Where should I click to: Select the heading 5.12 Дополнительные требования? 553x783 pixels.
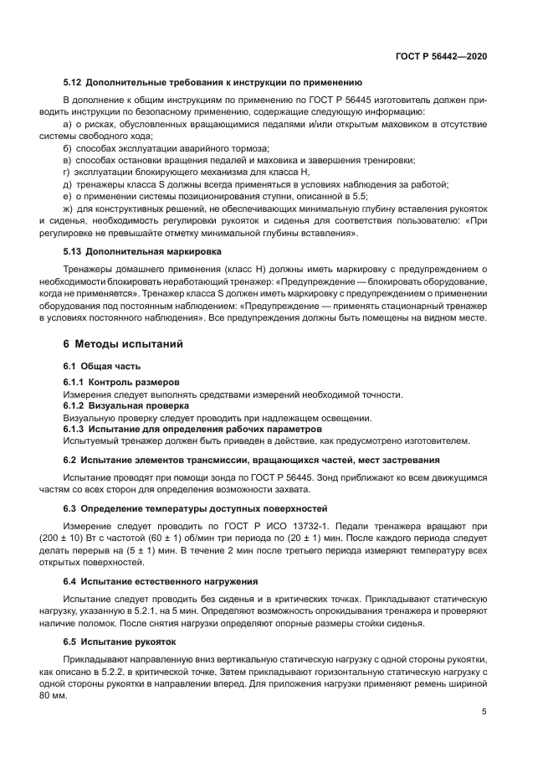coord(212,82)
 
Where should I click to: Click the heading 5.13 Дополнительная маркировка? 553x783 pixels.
coord(141,251)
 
